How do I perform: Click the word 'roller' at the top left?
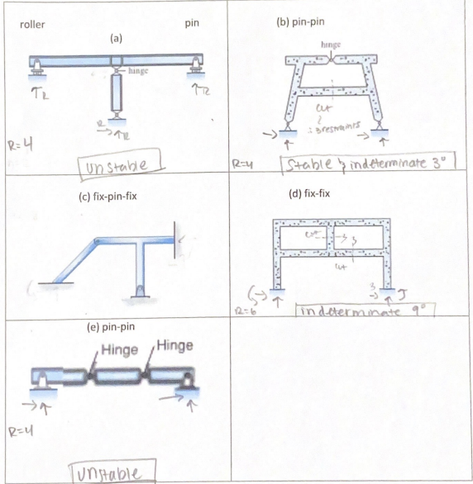pos(32,25)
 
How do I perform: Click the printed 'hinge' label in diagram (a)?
pos(137,72)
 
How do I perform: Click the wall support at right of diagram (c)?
pos(176,239)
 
